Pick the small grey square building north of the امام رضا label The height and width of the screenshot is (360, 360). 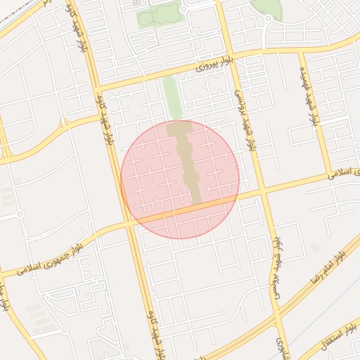[316, 247]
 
